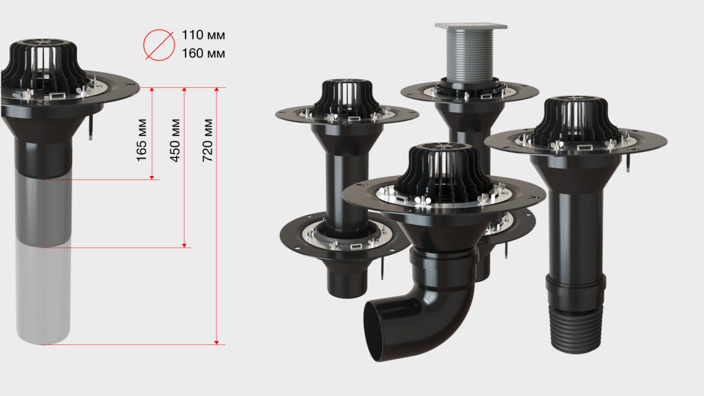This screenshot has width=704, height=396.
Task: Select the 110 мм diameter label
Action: tap(203, 35)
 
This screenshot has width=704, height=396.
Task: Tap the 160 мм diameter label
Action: tap(203, 54)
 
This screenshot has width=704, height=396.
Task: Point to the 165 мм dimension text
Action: tap(142, 140)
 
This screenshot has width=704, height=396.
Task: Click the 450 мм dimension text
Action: tap(175, 140)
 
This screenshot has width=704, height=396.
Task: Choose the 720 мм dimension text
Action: tap(207, 140)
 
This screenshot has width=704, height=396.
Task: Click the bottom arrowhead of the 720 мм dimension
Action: tap(217, 342)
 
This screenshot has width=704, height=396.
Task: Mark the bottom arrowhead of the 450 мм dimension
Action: tap(184, 245)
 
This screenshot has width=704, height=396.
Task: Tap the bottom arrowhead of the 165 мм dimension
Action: tap(152, 178)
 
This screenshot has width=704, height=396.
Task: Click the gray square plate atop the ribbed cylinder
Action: tap(470, 27)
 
